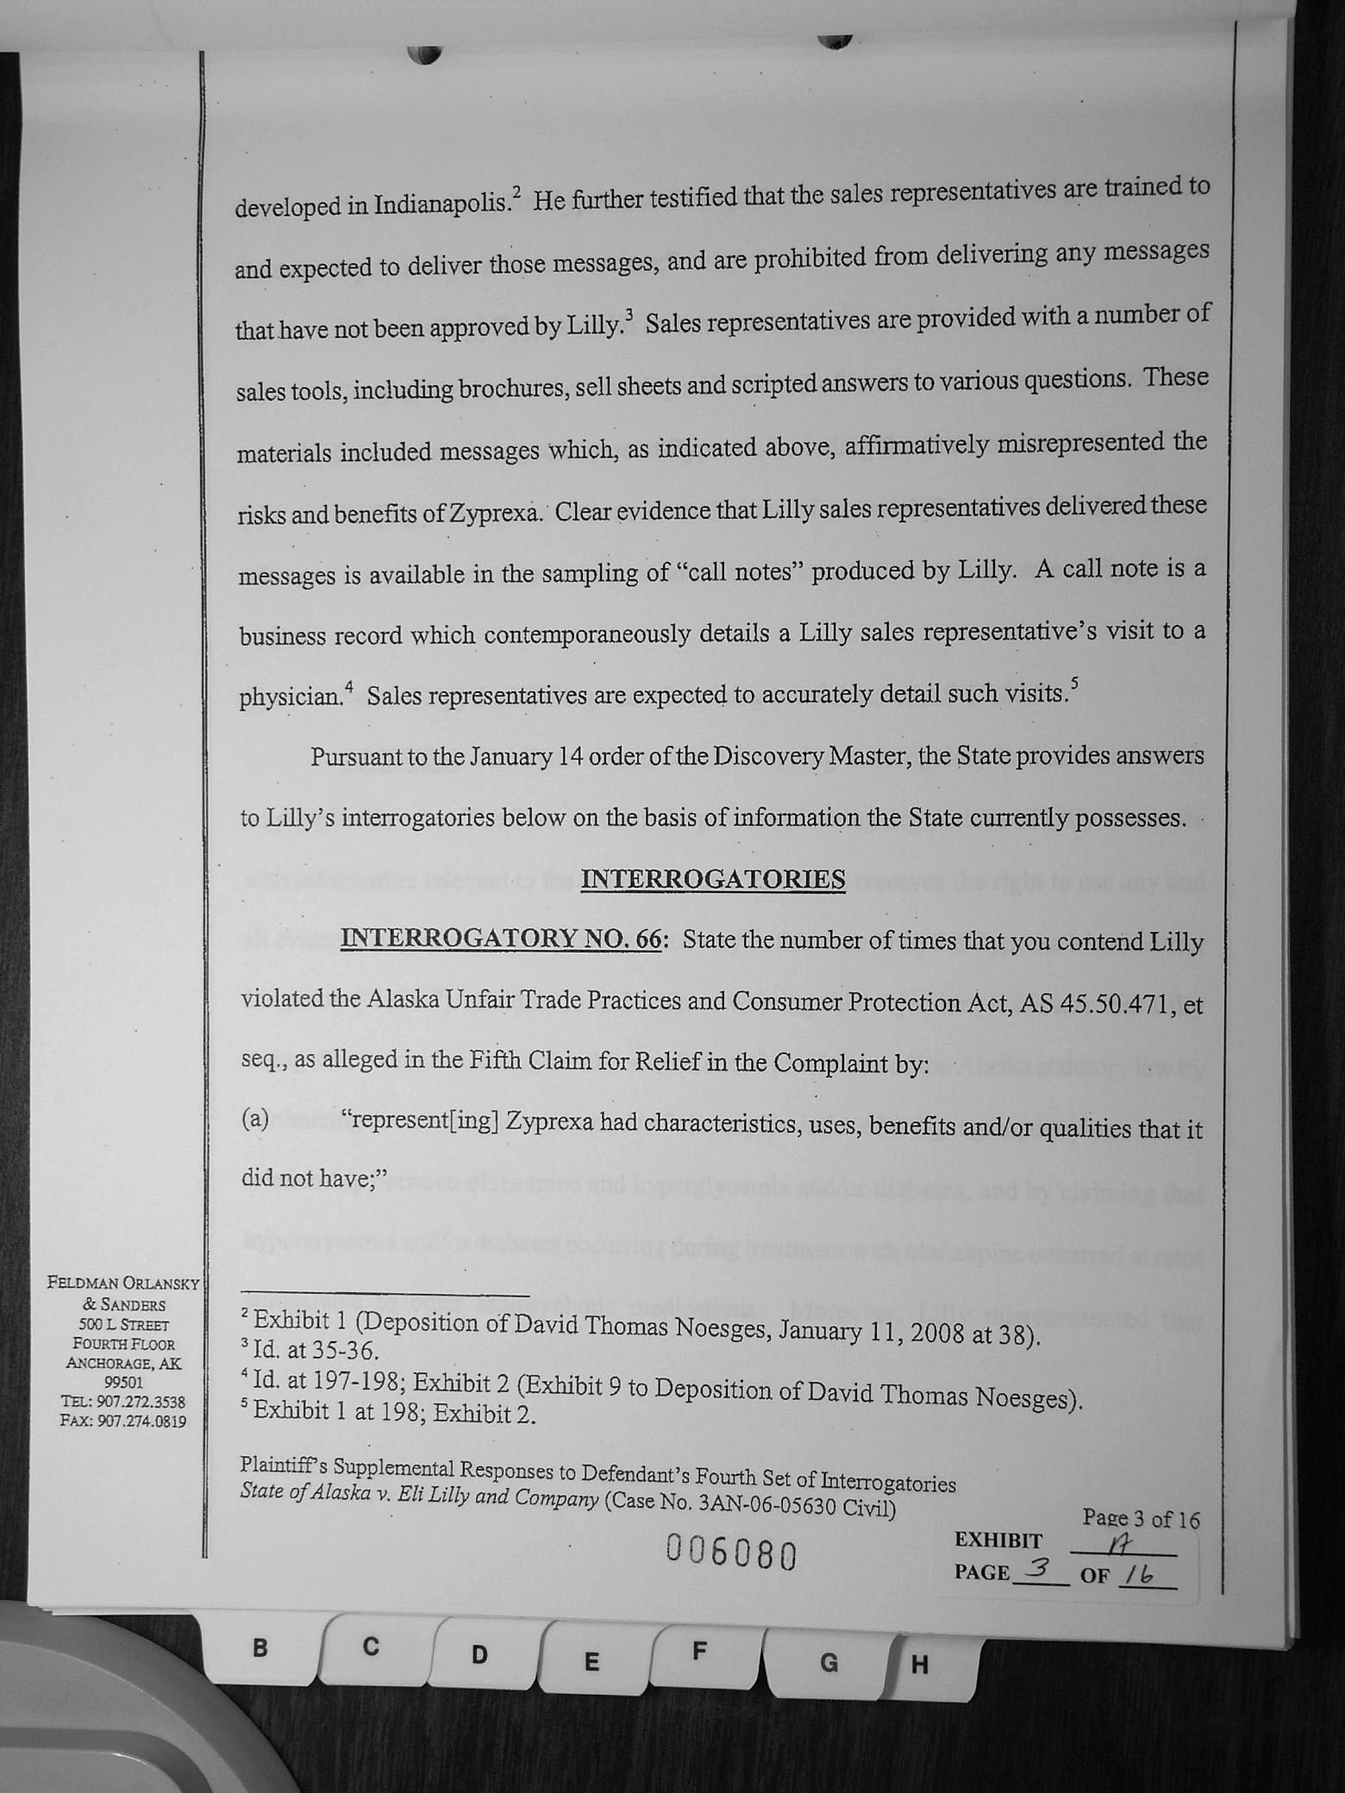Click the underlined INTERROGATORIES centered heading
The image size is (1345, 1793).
pos(713,879)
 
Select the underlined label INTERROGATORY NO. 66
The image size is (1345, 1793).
pos(501,939)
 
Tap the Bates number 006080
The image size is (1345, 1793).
pos(730,1555)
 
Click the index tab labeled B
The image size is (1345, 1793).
pos(260,1648)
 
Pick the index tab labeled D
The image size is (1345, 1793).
pos(479,1654)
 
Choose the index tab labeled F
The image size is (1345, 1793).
pos(699,1651)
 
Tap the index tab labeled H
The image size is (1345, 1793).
pos(919,1665)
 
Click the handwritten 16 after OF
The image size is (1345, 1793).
pos(1143,1576)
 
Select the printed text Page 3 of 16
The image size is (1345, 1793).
pos(1141,1519)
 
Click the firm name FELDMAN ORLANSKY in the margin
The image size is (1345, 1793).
pos(123,1284)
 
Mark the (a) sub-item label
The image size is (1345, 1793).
pos(255,1118)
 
